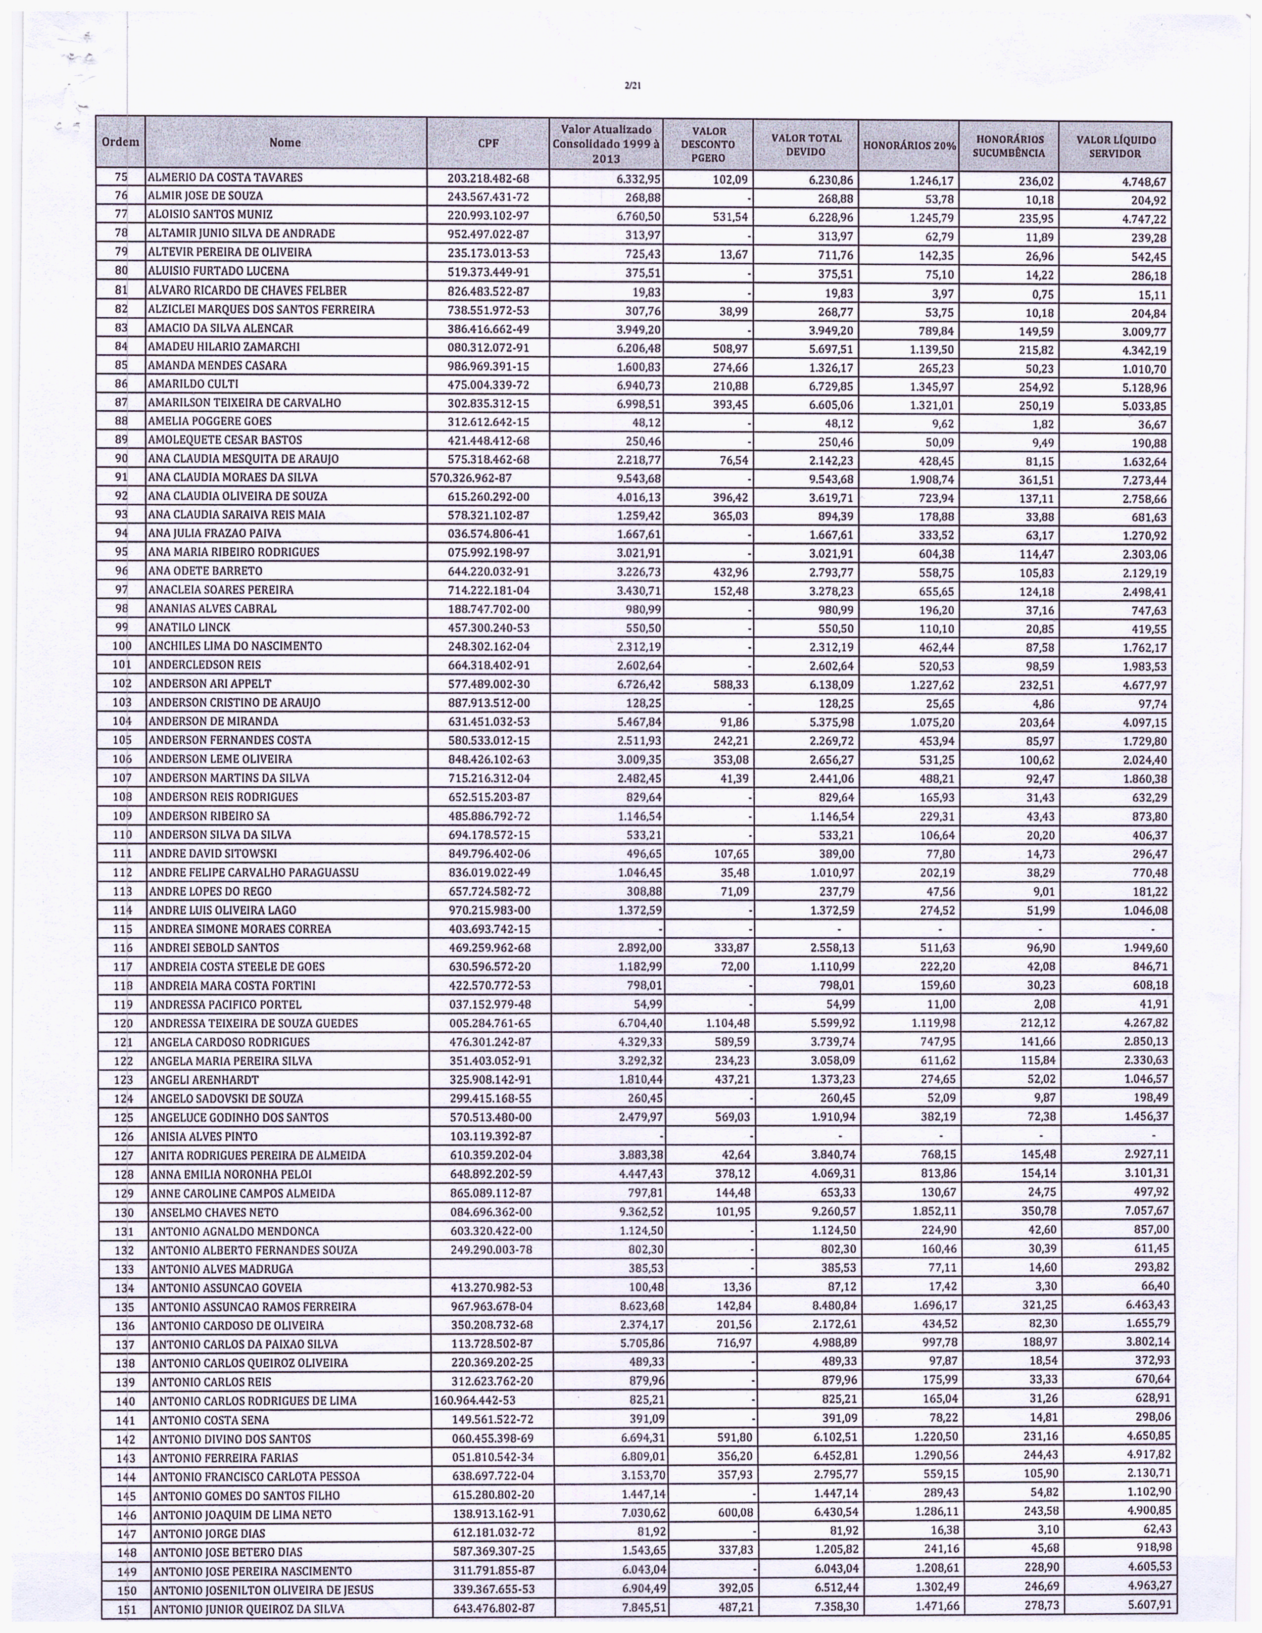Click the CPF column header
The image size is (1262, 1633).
(x=487, y=143)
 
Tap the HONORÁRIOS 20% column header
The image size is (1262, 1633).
(x=909, y=145)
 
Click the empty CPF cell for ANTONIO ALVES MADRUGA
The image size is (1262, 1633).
(x=491, y=1269)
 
